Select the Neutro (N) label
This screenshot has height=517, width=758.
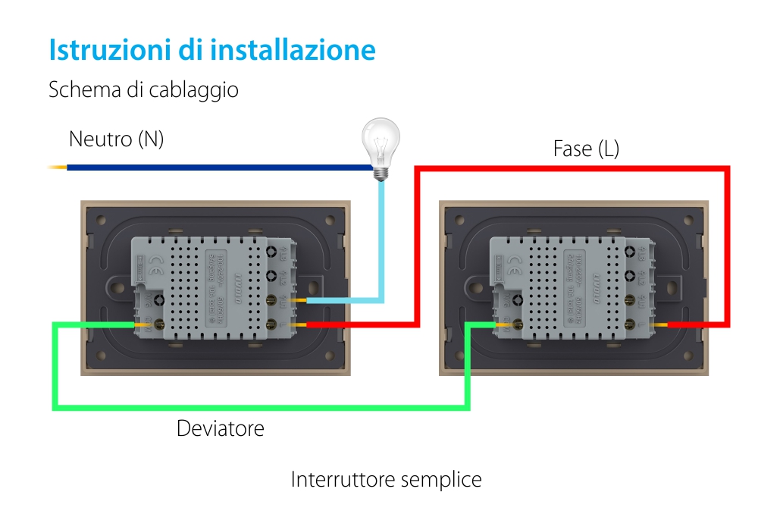tap(116, 139)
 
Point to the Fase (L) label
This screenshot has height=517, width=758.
tap(586, 149)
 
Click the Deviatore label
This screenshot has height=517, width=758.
tap(221, 428)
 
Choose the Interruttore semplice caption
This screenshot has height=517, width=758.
tap(386, 480)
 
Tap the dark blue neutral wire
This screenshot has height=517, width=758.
tap(212, 167)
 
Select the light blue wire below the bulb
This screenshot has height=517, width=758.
tap(381, 243)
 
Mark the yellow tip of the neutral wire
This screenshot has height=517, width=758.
tap(57, 167)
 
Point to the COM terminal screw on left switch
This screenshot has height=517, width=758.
tap(160, 324)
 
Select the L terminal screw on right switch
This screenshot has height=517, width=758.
tap(631, 324)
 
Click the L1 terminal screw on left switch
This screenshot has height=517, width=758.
tap(272, 301)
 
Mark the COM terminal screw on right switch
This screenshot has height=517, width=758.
tap(518, 324)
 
